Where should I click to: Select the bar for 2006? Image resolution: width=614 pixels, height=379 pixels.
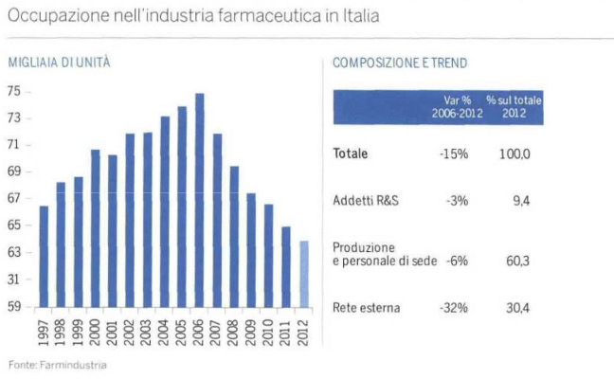coord(200,200)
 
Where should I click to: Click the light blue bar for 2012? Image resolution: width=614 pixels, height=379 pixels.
coord(304,274)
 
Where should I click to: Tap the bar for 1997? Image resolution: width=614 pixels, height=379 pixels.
coord(44,256)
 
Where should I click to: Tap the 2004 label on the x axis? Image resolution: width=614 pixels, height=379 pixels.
coord(165,332)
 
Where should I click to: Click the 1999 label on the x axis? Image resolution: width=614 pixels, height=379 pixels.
coord(79,332)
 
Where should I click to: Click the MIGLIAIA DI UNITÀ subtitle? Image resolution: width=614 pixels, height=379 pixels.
coord(59,63)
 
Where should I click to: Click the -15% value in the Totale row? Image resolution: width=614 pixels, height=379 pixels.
coord(455,153)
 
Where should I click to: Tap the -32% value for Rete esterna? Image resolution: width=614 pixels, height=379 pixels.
coord(456,307)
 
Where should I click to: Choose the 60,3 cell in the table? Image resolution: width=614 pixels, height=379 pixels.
coord(517,260)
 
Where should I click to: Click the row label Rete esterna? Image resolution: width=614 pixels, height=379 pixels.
coord(367,307)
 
